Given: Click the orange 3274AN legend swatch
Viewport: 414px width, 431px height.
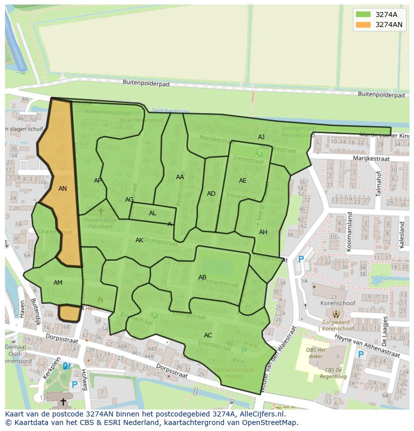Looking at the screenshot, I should pos(363,24).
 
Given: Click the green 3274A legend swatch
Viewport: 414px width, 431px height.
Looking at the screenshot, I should pos(363,14).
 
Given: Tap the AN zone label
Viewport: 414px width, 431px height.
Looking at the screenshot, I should pos(62,189).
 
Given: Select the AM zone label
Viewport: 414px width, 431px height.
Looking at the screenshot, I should pos(58,283).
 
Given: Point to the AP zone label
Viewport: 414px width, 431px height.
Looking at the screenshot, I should pos(98,181).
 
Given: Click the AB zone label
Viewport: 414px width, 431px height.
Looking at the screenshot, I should pos(202,277).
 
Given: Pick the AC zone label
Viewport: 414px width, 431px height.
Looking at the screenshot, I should pos(208,335).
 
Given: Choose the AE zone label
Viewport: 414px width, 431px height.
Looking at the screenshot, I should pos(243,181).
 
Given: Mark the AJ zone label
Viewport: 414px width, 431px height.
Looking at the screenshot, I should pos(261,137).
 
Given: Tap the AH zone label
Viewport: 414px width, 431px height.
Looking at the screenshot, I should pos(263,232).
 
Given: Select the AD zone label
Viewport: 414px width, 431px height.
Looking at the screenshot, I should pos(211,194).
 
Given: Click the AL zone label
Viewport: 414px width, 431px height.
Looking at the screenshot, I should pos(152,213).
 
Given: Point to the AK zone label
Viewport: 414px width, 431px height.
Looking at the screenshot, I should pos(139,240).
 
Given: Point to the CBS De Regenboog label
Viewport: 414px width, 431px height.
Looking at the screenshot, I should pos(329,372).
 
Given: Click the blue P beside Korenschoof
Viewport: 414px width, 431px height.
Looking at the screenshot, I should pos(301,259).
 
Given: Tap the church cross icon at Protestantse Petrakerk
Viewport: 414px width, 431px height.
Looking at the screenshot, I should pos(100,212).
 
